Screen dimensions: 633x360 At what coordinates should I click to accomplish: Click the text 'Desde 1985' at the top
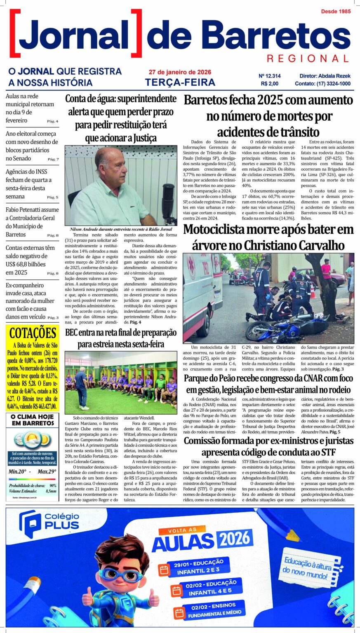pos(336,12)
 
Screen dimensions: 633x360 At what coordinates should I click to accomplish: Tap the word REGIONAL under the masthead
pos(308,59)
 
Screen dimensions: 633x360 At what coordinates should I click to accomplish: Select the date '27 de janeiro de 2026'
pos(180,72)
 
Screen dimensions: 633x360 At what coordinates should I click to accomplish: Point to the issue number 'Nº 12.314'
pos(269,76)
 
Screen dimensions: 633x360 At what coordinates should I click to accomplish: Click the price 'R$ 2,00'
pos(270,84)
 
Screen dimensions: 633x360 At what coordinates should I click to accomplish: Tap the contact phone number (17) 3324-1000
pos(334,84)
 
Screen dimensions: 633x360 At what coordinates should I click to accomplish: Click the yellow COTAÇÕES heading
pos(33,333)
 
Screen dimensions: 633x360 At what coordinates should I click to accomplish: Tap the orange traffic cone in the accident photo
pos(313,291)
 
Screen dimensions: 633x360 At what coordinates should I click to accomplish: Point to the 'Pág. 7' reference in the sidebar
pos(53,159)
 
